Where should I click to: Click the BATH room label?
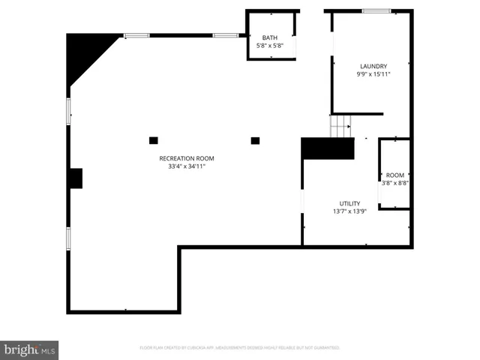269,38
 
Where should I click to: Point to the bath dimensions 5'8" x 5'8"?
269,46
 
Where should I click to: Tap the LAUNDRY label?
373,66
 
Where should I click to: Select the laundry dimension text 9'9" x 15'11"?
373,74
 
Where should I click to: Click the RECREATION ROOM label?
187,158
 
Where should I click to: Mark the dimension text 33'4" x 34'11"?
187,166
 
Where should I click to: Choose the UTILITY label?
349,203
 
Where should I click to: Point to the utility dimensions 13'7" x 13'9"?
349,211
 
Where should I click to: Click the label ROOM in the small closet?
394,175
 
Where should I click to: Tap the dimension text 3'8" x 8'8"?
394,183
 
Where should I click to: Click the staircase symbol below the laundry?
341,126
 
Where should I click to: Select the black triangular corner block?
84,52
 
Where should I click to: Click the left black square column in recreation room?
154,140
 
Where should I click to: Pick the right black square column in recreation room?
255,140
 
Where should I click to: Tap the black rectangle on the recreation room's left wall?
76,178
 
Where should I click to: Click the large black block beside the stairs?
328,148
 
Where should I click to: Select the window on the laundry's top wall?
376,11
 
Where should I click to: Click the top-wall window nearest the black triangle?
136,35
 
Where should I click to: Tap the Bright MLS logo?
29,349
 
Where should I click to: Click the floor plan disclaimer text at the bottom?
240,348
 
